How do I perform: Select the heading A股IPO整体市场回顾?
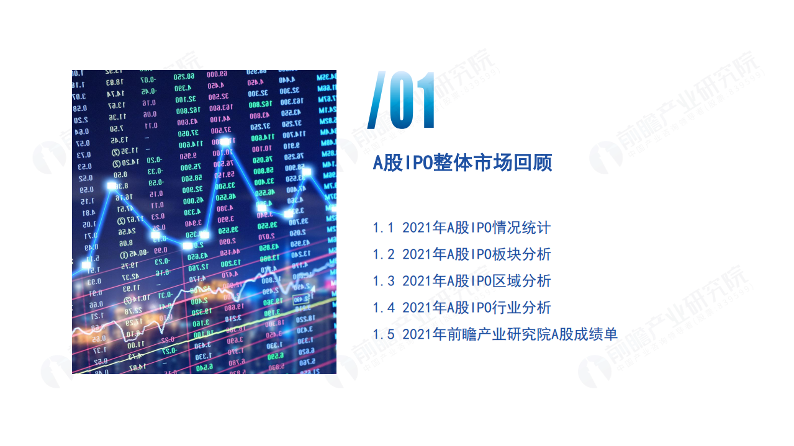coord(462,163)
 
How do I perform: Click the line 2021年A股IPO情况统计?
coord(476,228)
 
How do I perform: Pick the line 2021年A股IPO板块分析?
coord(476,254)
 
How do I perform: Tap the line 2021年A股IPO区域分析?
coord(476,281)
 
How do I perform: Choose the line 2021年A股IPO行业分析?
coord(476,308)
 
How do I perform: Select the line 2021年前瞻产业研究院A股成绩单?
coord(510,334)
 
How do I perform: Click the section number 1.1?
coord(383,228)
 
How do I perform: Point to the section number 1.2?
coord(383,254)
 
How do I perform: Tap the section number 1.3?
coord(383,281)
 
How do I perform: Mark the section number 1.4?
coord(383,308)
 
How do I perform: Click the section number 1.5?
coord(383,334)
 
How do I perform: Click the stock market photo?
coord(204,221)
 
